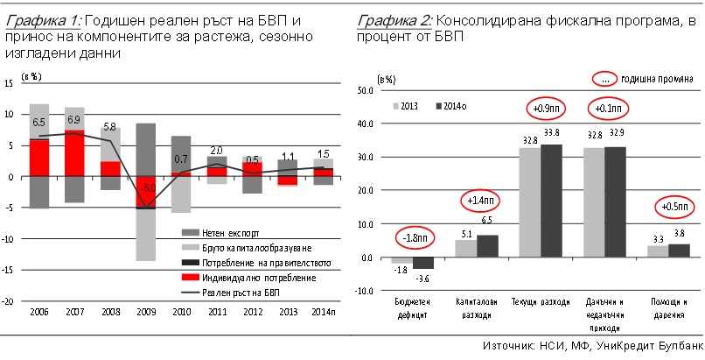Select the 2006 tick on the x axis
39,313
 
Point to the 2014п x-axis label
320,313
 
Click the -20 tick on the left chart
11,300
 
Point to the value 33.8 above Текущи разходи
553,133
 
